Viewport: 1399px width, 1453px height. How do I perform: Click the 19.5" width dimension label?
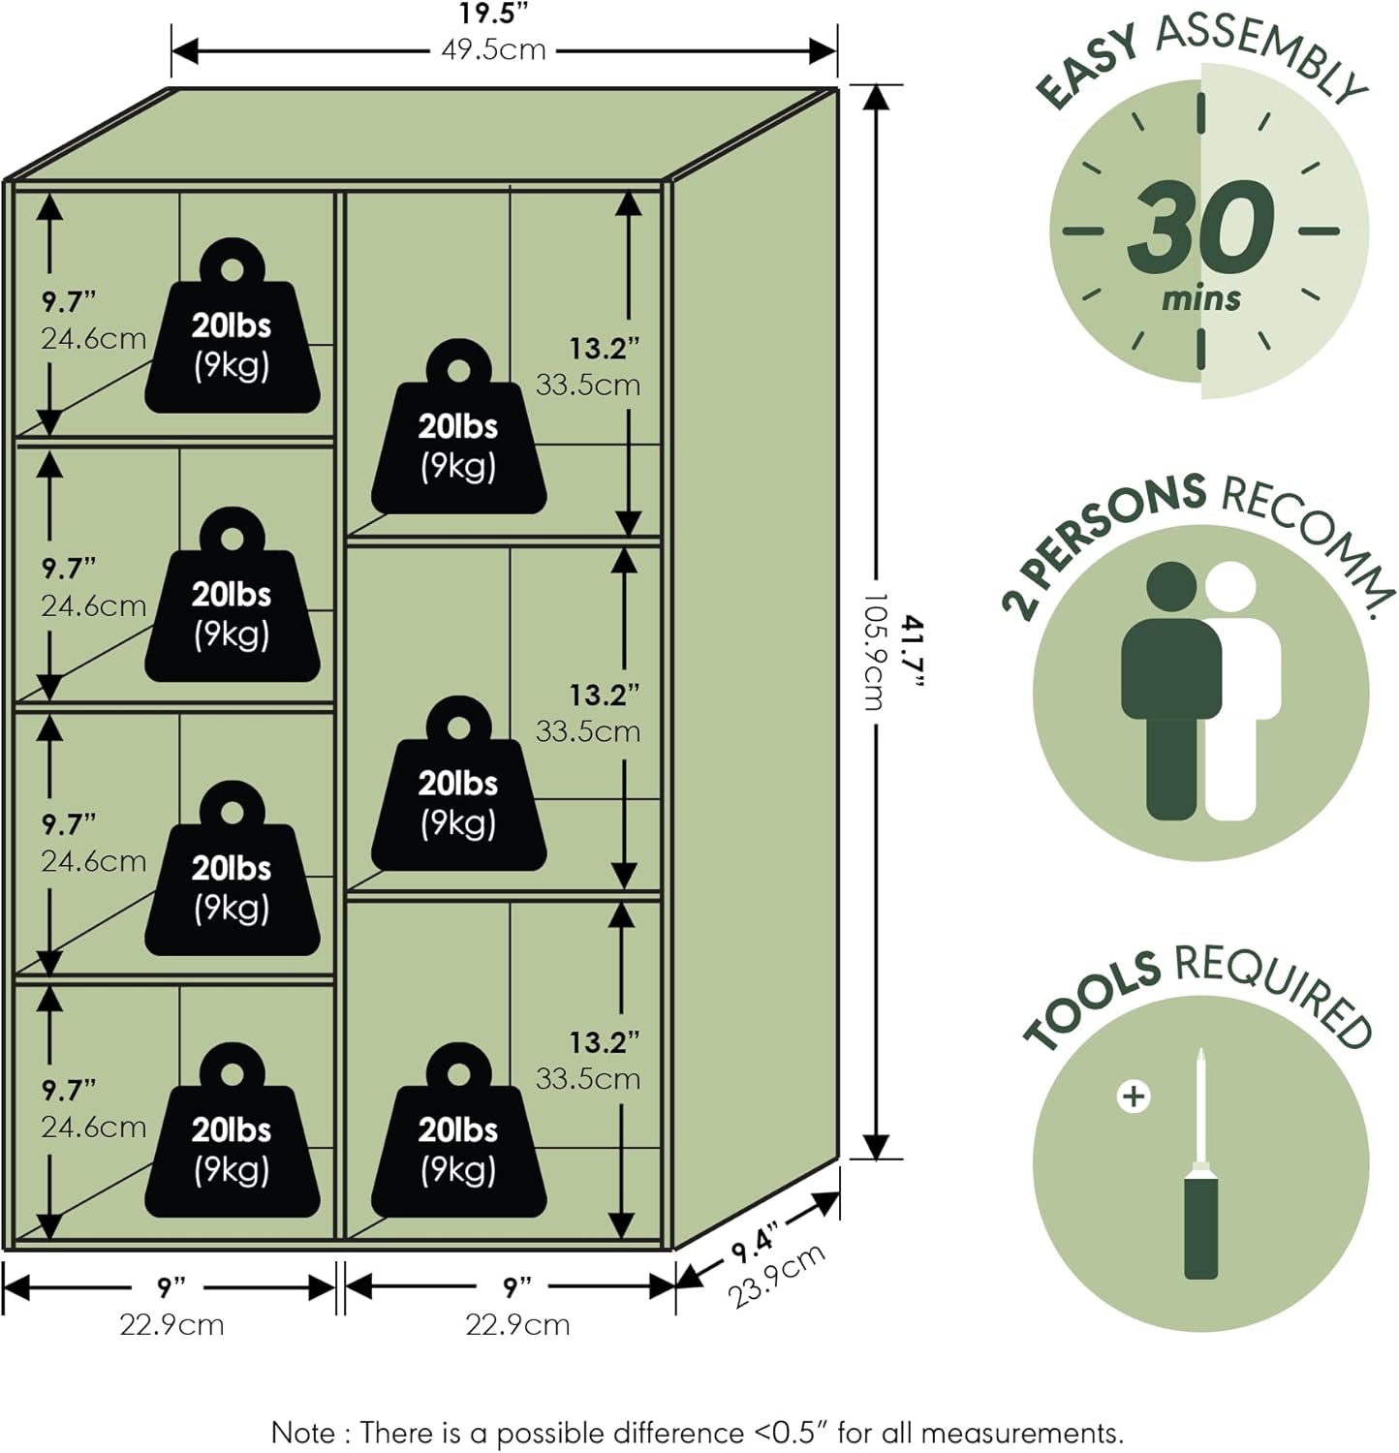tap(493, 14)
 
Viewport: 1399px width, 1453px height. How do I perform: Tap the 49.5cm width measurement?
tap(493, 49)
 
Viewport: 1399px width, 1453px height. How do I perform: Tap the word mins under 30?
tap(1201, 297)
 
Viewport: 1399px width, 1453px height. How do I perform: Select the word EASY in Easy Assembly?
tap(1086, 67)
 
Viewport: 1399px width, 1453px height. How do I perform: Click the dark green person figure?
tap(1170, 690)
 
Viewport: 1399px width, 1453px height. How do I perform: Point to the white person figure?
tap(1243, 690)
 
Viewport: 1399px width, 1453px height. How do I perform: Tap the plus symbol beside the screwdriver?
tap(1133, 1097)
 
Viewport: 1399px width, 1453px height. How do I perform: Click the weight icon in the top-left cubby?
tap(233, 325)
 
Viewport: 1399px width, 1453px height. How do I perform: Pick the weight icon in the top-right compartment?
tap(459, 426)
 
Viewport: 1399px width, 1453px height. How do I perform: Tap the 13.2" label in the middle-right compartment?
tap(605, 695)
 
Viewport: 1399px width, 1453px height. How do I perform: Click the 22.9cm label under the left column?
tap(171, 1324)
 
